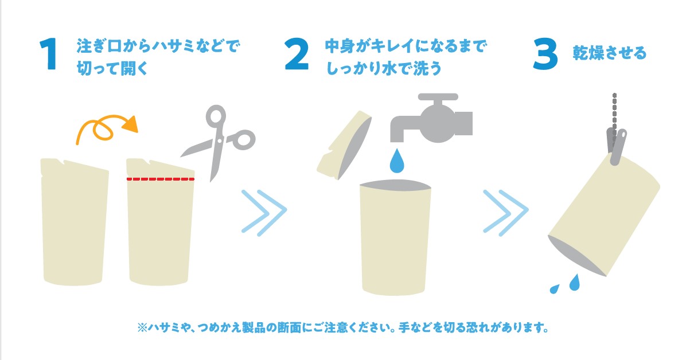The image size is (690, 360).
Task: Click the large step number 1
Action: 49,53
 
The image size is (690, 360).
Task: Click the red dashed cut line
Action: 161,179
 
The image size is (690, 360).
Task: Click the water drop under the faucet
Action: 397,160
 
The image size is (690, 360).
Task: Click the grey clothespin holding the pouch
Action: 617,146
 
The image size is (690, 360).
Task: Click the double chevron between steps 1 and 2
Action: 264,213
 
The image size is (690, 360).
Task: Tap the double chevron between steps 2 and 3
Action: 506,213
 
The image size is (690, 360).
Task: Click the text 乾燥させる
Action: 609,53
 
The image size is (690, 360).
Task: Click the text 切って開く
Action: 112,68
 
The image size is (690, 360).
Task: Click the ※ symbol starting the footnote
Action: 142,327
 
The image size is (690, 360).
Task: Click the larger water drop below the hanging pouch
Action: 575,282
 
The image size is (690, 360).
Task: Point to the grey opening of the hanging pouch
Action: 576,256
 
